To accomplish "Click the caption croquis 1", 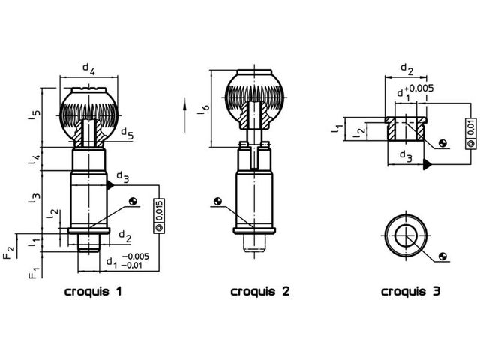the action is (93, 291).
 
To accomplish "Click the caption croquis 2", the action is (260, 291).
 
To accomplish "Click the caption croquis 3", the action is (410, 291).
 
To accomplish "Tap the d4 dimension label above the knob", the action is (89, 69).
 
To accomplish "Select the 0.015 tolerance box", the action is (159, 216).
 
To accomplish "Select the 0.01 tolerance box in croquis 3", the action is (471, 133).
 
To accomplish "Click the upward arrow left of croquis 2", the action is (184, 115).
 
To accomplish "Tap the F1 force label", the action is (34, 273).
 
